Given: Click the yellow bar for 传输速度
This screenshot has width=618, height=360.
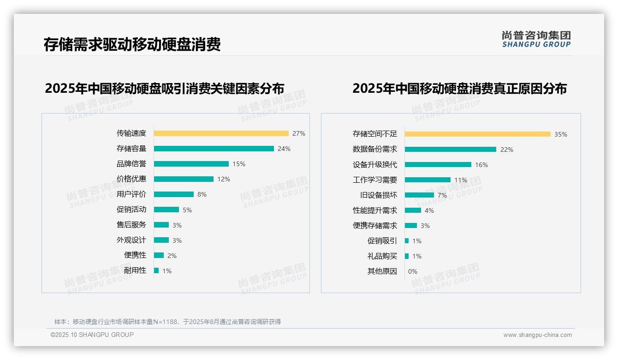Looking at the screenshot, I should (221, 133).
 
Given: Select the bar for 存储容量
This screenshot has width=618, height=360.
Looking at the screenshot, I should (214, 149).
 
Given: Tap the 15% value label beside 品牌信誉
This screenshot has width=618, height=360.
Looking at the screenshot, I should (239, 164).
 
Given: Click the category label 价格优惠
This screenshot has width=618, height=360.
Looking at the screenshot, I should (131, 179).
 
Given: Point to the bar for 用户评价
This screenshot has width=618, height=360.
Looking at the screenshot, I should (173, 194).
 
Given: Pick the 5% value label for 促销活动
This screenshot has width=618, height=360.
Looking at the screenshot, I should (187, 210).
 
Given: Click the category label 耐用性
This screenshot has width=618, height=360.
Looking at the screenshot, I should (135, 270).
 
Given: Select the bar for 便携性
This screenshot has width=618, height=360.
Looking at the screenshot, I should (159, 255).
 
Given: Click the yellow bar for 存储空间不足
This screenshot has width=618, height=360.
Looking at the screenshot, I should (477, 134).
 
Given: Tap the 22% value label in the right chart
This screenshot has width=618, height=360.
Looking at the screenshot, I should (507, 150).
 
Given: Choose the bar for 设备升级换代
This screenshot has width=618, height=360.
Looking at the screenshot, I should (438, 165).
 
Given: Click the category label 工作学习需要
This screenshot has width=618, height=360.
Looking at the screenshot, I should (374, 180).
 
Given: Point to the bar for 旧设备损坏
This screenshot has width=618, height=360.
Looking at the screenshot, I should (419, 195).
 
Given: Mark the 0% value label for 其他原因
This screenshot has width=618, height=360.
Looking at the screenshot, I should (413, 271).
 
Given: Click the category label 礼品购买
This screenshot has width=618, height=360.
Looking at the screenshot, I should (382, 256).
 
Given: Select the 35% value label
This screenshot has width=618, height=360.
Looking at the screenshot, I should (561, 134).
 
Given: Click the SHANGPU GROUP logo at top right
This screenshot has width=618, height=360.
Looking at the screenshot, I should (536, 39).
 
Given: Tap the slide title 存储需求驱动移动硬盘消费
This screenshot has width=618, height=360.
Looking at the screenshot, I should (132, 44).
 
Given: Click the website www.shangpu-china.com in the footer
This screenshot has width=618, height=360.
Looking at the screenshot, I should (537, 335).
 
